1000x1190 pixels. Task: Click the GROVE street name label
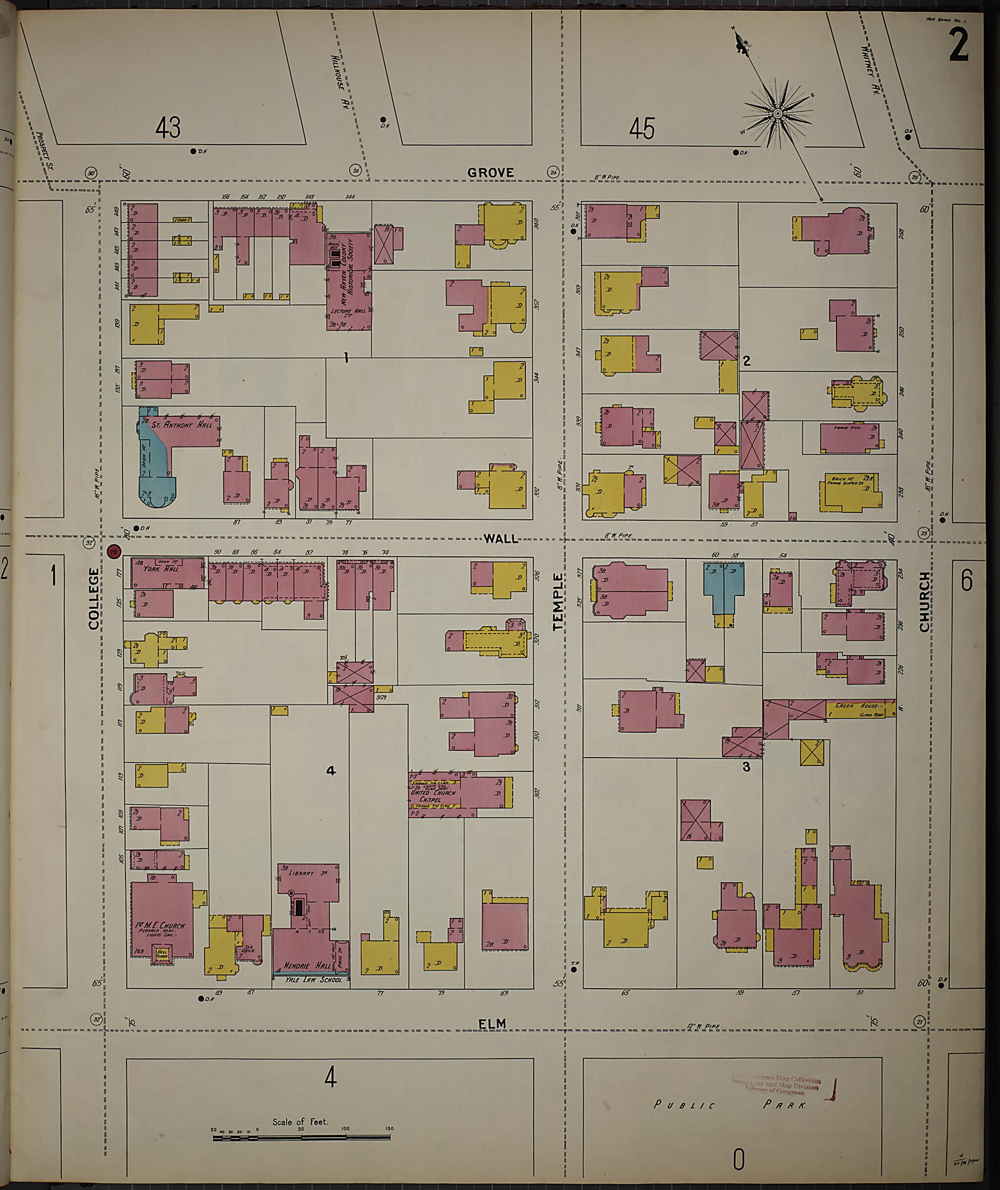(491, 172)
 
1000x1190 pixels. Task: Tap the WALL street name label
(501, 538)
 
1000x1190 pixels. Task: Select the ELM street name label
(492, 1024)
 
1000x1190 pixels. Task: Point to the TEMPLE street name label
(559, 601)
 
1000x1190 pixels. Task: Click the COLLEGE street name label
(94, 598)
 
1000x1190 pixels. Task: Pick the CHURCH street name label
(925, 601)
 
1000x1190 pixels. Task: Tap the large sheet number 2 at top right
(958, 44)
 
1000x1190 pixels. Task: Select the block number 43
(168, 127)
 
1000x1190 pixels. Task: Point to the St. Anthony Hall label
(187, 425)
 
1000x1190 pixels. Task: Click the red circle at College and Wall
(113, 552)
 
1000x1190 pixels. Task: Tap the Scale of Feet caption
(300, 1122)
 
